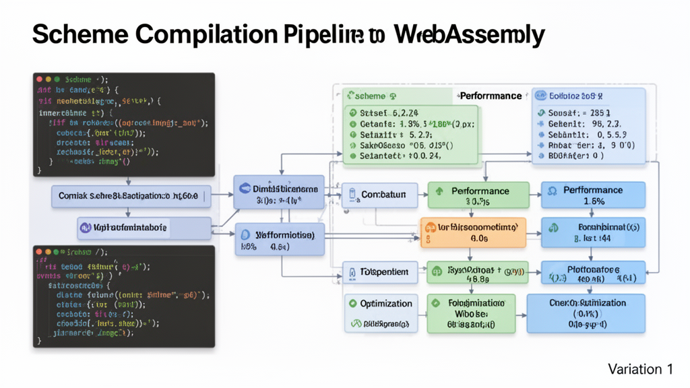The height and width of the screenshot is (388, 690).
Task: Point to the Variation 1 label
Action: (x=640, y=369)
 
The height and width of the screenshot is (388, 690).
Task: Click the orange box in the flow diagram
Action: (x=472, y=232)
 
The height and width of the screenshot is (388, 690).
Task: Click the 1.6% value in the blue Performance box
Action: (x=593, y=201)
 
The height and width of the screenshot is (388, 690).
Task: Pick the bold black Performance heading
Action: (x=491, y=96)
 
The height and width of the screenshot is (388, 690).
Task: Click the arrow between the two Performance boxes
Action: (x=533, y=195)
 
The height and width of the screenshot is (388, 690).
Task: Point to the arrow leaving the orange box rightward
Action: (x=533, y=233)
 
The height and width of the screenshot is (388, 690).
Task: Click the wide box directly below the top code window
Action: (x=131, y=196)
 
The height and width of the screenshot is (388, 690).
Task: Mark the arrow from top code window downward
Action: (x=128, y=180)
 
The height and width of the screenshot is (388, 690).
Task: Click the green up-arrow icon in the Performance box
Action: (x=440, y=191)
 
